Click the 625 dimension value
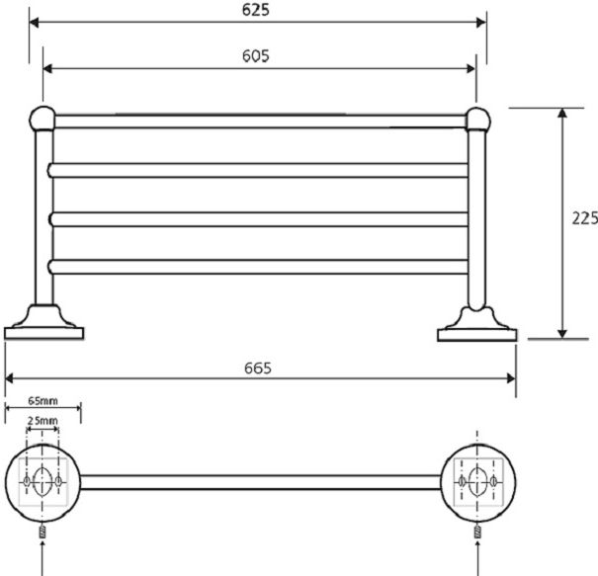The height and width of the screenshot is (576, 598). click(256, 10)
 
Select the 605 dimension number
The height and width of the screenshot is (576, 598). click(256, 56)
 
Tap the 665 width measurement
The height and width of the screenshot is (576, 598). click(258, 368)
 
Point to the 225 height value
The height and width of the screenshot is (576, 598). click(584, 218)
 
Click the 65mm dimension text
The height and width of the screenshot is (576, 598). click(43, 401)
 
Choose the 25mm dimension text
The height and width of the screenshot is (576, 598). click(43, 421)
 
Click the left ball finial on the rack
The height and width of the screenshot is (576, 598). click(43, 119)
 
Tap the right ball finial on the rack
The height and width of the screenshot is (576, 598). click(477, 120)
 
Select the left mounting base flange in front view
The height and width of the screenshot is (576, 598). click(43, 322)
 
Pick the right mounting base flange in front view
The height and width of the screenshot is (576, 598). click(477, 324)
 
